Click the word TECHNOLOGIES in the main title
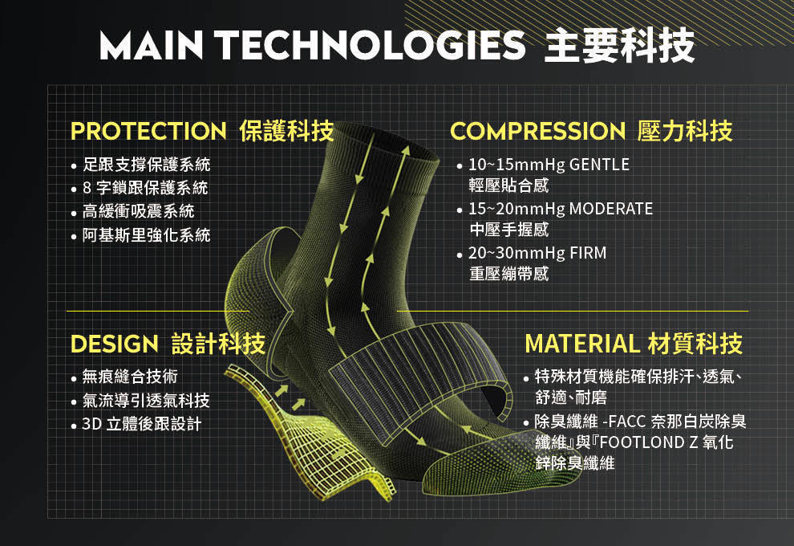pos(372,45)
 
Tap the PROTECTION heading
pos(148,131)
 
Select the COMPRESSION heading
pos(537,131)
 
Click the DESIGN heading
pos(115,344)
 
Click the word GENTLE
pos(599,165)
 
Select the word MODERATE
pos(610,208)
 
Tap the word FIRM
pos(588,252)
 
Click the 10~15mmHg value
pos(517,165)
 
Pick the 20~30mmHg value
pos(517,253)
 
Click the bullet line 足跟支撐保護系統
pos(146,165)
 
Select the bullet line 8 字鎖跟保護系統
pos(145,188)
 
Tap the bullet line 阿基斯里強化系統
pos(146,234)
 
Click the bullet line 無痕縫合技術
pos(130,376)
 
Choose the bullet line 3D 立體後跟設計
pos(142,423)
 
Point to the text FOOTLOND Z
pos(649,442)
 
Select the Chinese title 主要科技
pos(619,46)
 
